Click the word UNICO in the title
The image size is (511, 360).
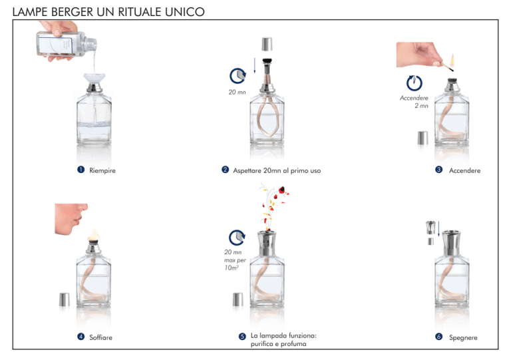pos(184,12)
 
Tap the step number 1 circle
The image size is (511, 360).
pos(81,170)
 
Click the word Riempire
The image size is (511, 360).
pos(102,171)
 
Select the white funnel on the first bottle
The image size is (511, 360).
pos(94,79)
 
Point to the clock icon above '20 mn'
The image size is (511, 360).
pos(238,77)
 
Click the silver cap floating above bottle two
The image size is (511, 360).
pos(267,45)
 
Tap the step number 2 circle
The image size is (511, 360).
pos(225,170)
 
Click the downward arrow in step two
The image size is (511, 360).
pos(255,66)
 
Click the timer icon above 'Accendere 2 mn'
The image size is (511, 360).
pos(415,83)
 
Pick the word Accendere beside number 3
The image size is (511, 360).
pos(464,171)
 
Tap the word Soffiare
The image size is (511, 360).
pos(100,337)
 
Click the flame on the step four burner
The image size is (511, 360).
pos(94,235)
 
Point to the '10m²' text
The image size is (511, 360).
pos(232,268)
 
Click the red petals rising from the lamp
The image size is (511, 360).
pos(275,206)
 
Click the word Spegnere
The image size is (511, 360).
pos(463,338)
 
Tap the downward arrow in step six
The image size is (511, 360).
pos(439,229)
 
